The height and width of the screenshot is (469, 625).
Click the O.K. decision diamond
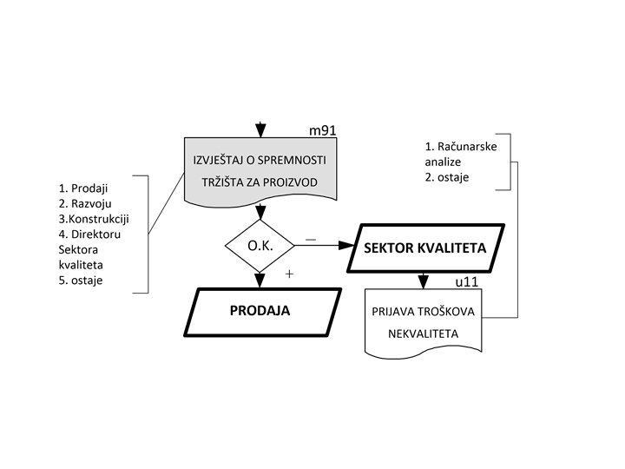pos(260,246)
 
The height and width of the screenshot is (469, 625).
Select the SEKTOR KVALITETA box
pos(424,248)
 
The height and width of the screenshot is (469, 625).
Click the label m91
pos(323,130)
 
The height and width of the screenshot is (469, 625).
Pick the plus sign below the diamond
pos(288,274)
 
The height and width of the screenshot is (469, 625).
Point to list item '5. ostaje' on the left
pos(81,280)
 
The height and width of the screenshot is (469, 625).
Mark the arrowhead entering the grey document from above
pos(260,131)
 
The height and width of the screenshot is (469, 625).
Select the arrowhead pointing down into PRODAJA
pos(260,281)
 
